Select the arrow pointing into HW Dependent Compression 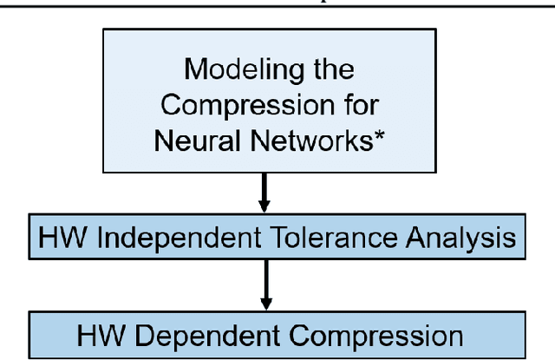click(264, 291)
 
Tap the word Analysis click(463, 239)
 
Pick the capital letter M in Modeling click(195, 70)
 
